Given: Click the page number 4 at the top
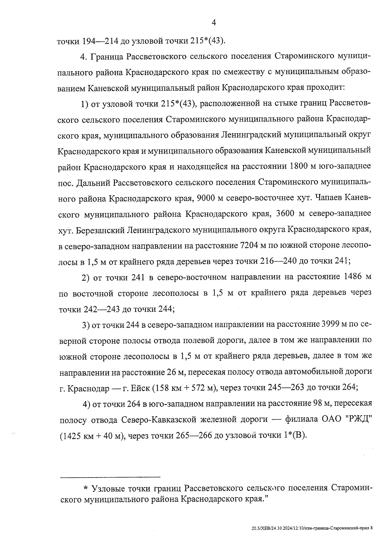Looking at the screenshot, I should click(213, 22).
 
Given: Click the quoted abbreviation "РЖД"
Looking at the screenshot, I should click(359, 419).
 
